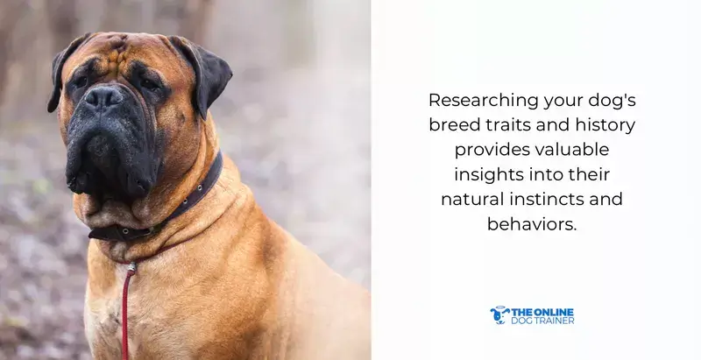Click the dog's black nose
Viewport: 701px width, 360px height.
(104, 97)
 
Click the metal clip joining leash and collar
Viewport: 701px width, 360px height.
(131, 266)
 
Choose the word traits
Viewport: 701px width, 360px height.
(513, 125)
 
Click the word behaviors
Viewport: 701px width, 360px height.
(532, 224)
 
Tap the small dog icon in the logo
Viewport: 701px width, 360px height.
(499, 315)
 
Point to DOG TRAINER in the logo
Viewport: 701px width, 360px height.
(543, 321)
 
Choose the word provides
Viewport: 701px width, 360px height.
(484, 150)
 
